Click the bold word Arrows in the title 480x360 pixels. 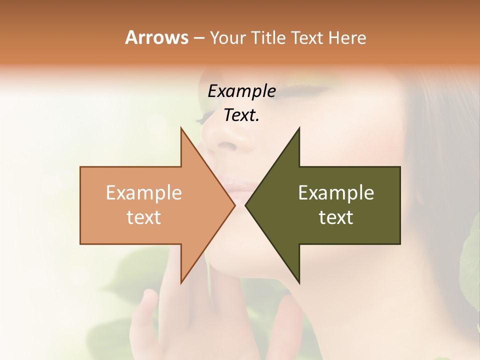156,37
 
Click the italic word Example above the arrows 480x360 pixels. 242,91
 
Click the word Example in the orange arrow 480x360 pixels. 144,193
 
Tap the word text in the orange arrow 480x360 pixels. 144,217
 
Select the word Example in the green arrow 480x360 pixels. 336,193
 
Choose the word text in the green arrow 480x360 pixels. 336,217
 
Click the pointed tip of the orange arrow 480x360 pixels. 234,205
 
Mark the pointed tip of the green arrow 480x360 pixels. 246,205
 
